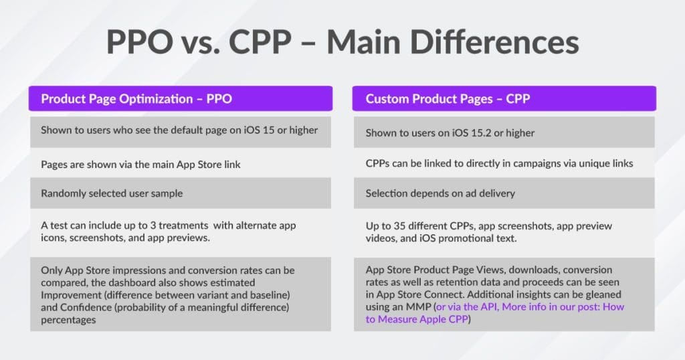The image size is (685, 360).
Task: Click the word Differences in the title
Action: click(x=494, y=42)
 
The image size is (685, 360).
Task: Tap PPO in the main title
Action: click(x=140, y=42)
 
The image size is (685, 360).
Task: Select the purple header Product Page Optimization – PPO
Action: click(x=181, y=98)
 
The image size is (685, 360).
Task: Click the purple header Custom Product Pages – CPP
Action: click(x=504, y=98)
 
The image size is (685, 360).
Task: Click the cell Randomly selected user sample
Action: click(x=181, y=193)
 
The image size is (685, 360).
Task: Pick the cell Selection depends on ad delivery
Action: click(x=504, y=193)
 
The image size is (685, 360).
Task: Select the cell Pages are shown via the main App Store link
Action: click(x=181, y=164)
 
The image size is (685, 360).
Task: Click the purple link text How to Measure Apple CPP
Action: click(x=495, y=312)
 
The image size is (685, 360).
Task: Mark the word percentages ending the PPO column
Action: click(x=68, y=321)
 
